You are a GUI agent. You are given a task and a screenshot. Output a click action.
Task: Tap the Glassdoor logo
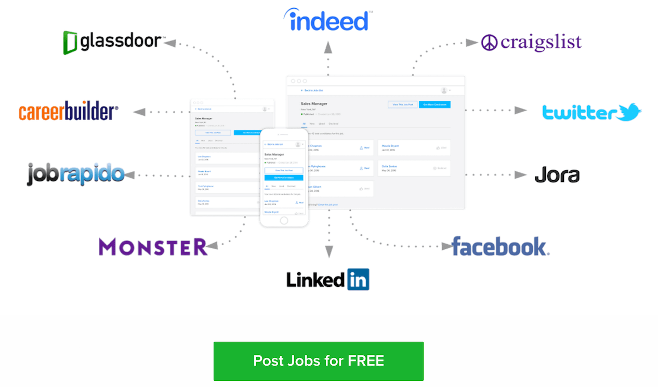pyautogui.click(x=113, y=42)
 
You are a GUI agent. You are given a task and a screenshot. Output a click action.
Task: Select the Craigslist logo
pyautogui.click(x=531, y=43)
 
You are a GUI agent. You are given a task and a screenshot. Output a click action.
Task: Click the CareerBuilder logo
pyautogui.click(x=69, y=112)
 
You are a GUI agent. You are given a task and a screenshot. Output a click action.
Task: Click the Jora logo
pyautogui.click(x=557, y=175)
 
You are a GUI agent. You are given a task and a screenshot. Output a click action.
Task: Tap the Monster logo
pyautogui.click(x=153, y=247)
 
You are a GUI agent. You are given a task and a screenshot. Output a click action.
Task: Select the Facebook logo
pyautogui.click(x=500, y=247)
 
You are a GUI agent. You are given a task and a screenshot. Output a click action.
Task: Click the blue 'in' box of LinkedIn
pyautogui.click(x=358, y=279)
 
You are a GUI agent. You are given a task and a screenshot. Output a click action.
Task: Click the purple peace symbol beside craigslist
pyautogui.click(x=489, y=43)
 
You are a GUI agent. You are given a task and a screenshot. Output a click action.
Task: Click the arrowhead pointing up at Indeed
pyautogui.click(x=328, y=47)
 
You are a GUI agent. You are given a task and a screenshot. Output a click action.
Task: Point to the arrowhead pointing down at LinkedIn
pyautogui.click(x=328, y=252)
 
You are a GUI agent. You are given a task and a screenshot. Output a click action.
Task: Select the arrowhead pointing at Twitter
pyautogui.click(x=521, y=110)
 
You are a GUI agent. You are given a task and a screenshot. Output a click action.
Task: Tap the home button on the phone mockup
pyautogui.click(x=284, y=221)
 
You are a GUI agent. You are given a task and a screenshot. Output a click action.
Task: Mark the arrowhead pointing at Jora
pyautogui.click(x=521, y=175)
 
